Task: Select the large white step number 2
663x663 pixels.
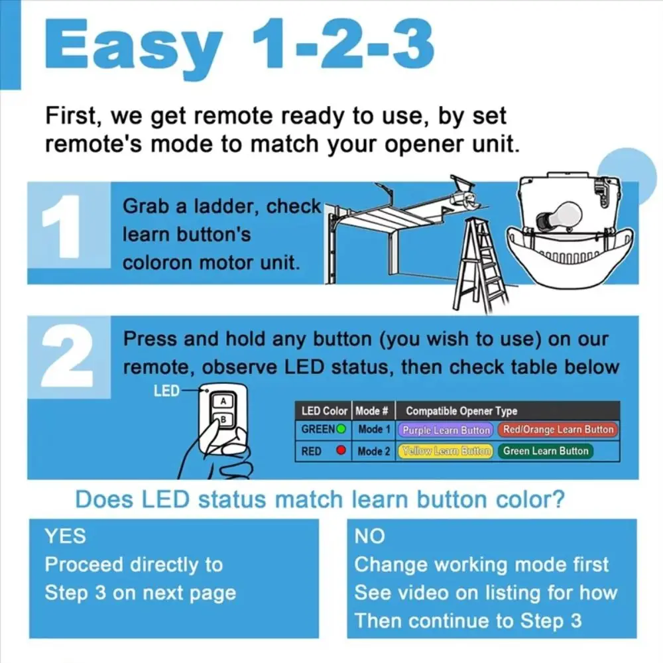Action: (68, 355)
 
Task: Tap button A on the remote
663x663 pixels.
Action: (223, 401)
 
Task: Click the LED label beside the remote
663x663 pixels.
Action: (166, 391)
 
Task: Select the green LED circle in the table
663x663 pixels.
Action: (341, 429)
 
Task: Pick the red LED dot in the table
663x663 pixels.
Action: (341, 450)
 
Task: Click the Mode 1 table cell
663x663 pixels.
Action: (374, 430)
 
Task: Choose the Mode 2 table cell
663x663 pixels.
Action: (374, 451)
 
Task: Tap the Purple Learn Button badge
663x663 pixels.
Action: (446, 430)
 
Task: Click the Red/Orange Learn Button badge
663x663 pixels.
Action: (558, 430)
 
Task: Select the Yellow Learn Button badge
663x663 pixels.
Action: (446, 451)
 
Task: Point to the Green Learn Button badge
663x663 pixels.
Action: (546, 451)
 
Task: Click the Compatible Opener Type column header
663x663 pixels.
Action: (461, 411)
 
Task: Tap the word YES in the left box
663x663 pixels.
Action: (66, 536)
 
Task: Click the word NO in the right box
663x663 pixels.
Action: (369, 536)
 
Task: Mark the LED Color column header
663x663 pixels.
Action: (324, 411)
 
